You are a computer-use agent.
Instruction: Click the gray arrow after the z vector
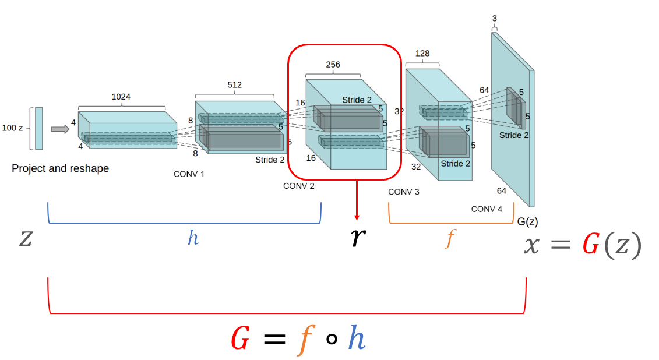coord(59,129)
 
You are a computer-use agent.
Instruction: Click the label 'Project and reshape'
coord(60,168)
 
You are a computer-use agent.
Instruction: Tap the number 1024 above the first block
coord(121,97)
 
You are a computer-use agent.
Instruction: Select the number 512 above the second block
coord(234,84)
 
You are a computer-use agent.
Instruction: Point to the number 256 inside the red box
coord(333,65)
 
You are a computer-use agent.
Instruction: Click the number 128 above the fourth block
coord(422,53)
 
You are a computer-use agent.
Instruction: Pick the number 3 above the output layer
coord(494,18)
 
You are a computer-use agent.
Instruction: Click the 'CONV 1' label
coord(189,174)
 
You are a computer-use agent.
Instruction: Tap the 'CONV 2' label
coord(298,186)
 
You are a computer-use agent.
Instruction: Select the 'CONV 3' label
coord(403,192)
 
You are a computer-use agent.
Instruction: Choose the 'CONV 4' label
coord(487,209)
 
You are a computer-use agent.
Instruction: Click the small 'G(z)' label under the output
coord(527,221)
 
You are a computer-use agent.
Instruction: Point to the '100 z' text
coord(12,128)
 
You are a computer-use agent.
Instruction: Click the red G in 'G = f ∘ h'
coord(241,338)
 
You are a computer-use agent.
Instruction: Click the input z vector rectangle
coord(38,128)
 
